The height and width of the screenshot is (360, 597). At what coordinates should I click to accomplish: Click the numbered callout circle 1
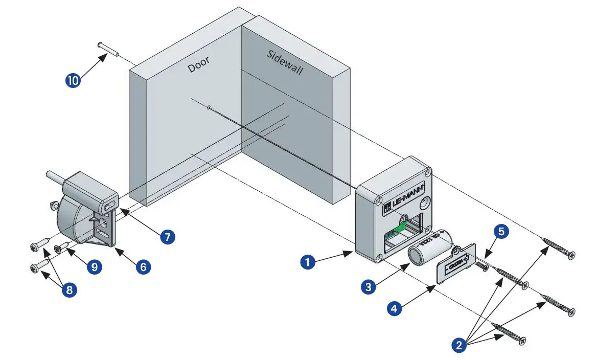(307, 262)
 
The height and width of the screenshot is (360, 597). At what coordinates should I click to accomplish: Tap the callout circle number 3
(368, 287)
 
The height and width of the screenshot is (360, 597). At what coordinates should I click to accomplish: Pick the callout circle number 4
(394, 309)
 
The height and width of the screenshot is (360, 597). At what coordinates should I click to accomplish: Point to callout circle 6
(143, 266)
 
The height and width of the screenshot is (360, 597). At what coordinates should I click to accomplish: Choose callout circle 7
(167, 237)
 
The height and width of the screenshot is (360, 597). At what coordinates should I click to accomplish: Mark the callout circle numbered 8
(69, 290)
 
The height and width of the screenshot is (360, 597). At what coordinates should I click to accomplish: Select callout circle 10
(73, 81)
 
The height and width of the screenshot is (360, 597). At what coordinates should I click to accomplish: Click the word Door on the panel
(198, 65)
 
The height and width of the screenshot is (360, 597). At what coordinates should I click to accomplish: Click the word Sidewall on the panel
(285, 62)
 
